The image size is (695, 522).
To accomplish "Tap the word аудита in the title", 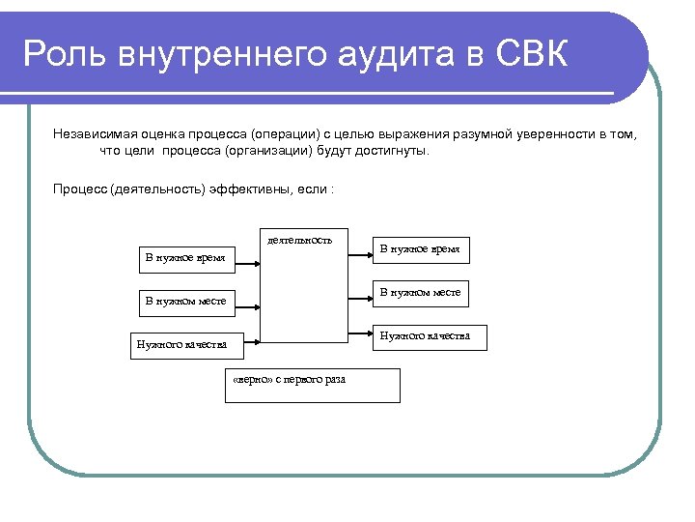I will (384, 53).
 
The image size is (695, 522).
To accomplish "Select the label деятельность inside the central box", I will (299, 240).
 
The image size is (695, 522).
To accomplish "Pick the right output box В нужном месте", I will (420, 293).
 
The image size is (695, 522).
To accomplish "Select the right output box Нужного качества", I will (430, 336).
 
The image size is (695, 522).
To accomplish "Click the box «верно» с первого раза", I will (312, 385).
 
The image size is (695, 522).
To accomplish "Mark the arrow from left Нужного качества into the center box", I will (252, 339).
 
